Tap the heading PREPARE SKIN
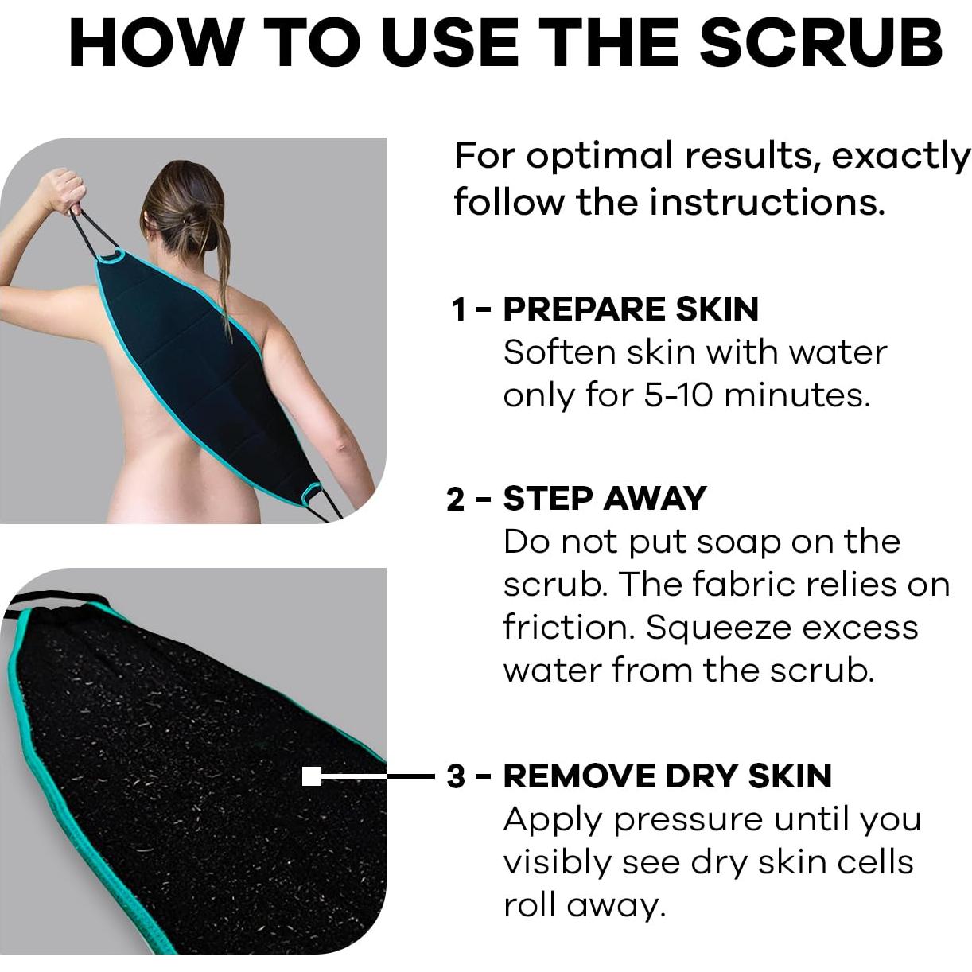pyautogui.click(x=631, y=309)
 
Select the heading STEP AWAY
pyautogui.click(x=605, y=499)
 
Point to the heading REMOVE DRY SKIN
pyautogui.click(x=667, y=776)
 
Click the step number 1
pyautogui.click(x=459, y=310)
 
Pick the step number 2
pyautogui.click(x=456, y=500)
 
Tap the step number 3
pyautogui.click(x=456, y=776)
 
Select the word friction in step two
pyautogui.click(x=569, y=628)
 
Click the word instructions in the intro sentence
pyautogui.click(x=767, y=202)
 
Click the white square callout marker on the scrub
pyautogui.click(x=312, y=776)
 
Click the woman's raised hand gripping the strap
pyautogui.click(x=60, y=189)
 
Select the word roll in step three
pyautogui.click(x=528, y=905)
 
